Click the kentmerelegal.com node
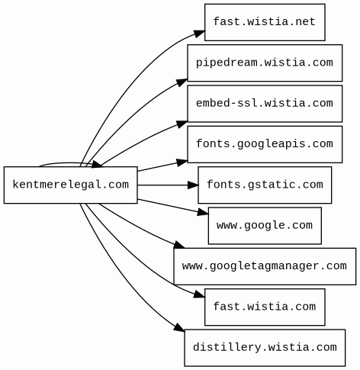coord(71,185)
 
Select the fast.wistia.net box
coord(265,22)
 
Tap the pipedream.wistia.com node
coord(265,63)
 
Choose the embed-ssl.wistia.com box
coord(265,104)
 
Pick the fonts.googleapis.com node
coord(265,144)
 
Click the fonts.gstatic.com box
coord(265,185)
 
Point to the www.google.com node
coord(265,226)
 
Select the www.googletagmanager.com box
coord(265,266)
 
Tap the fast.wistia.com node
coord(265,307)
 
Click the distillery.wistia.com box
coord(265,348)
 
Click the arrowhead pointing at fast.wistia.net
coord(200,34)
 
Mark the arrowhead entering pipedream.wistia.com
coord(182,82)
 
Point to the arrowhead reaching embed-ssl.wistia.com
coord(182,124)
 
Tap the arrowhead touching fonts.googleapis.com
coord(182,162)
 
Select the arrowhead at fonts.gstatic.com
coord(193,185)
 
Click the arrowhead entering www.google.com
coord(203,212)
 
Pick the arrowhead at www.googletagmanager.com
coord(179,246)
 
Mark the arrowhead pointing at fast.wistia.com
coord(200,294)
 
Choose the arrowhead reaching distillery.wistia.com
coord(180,327)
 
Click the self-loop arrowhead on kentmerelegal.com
coord(97,164)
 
